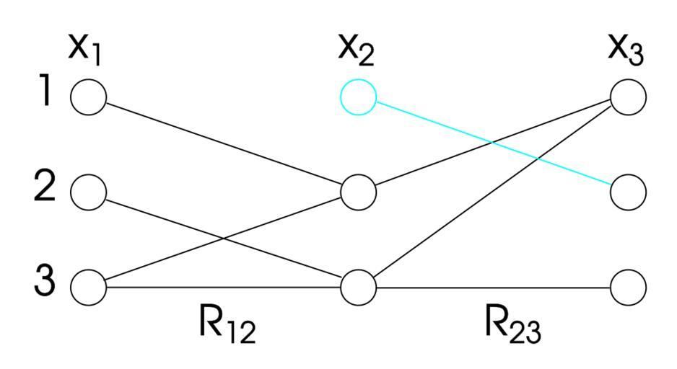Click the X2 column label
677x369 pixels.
(x=357, y=50)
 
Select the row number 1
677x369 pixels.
(x=45, y=94)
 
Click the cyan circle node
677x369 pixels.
(x=358, y=97)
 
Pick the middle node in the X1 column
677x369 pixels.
(x=89, y=192)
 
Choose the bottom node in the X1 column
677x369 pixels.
(x=89, y=286)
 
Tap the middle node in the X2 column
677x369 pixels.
(x=358, y=192)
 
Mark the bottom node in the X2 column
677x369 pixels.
(x=358, y=287)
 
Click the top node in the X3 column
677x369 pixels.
(x=628, y=96)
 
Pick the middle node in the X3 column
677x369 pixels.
(x=628, y=192)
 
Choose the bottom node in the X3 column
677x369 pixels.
(x=628, y=287)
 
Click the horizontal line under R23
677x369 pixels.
(x=493, y=287)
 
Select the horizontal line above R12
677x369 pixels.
(x=224, y=287)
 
